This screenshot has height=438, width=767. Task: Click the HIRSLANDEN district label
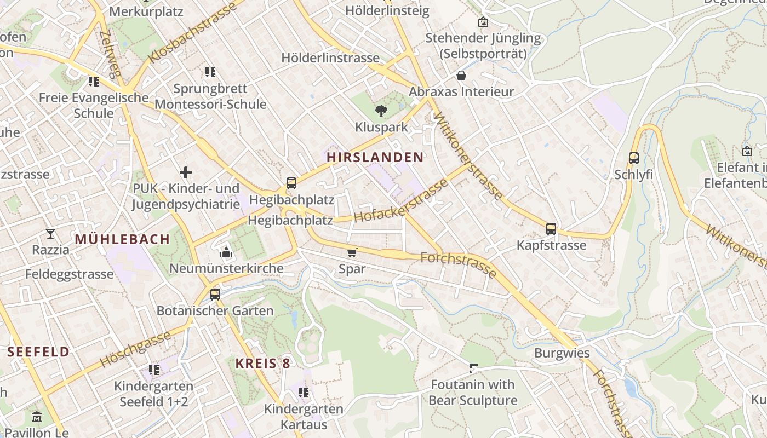tap(375, 157)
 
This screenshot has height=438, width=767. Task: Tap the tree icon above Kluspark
tap(381, 111)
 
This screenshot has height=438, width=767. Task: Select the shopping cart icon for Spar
tap(352, 252)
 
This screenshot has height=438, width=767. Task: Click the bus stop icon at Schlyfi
tap(634, 158)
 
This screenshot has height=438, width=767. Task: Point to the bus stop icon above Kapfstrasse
tap(551, 229)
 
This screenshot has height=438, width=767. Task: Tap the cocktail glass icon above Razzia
tap(50, 234)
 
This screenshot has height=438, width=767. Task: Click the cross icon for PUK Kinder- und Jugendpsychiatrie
tap(186, 172)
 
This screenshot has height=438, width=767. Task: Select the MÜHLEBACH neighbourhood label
tap(123, 239)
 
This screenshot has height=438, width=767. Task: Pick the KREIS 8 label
tap(263, 362)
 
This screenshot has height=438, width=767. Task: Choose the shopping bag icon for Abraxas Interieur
tap(461, 76)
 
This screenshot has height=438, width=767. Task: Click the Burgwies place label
tap(562, 353)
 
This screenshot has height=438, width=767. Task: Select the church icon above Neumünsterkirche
tap(226, 252)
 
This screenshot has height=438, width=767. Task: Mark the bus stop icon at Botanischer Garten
tap(215, 295)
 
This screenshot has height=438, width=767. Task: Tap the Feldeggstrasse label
tap(70, 274)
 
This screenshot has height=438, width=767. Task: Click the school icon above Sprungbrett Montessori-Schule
tap(210, 72)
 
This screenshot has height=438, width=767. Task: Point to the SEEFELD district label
tap(38, 351)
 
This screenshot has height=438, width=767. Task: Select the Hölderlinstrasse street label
tap(330, 57)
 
